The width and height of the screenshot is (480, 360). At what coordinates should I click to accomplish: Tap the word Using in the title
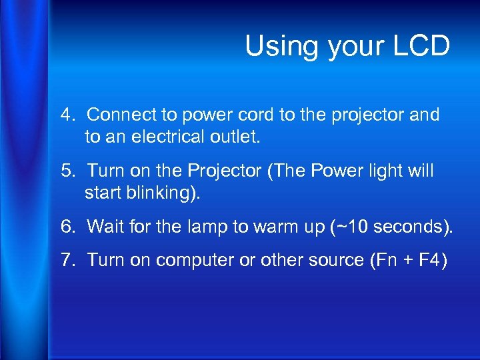click(275, 47)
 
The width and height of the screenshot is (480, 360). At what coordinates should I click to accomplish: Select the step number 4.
click(67, 115)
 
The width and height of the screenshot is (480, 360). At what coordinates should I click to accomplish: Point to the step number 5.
click(67, 171)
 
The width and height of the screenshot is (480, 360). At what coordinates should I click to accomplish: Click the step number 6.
click(67, 227)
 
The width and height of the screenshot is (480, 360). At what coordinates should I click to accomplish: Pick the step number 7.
click(67, 260)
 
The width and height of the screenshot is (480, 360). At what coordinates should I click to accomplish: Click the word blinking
click(164, 193)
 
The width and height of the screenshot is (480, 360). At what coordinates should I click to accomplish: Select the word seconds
click(407, 227)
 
